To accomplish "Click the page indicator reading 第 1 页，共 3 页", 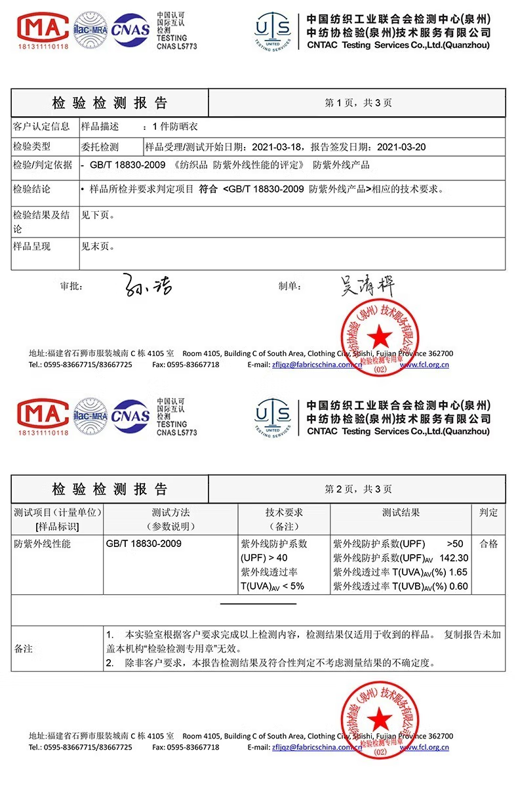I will coord(358,103).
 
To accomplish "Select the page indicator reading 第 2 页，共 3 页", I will coord(358,489).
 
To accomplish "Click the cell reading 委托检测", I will coord(100,147).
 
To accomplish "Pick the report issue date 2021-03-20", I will coord(402,147).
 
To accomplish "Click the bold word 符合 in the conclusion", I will coord(209,190).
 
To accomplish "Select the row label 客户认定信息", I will coord(41,127).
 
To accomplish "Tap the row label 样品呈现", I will coord(32,247).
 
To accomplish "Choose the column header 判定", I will coord(488,512).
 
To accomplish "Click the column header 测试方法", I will coord(170,512).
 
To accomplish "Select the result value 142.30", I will coord(454,558).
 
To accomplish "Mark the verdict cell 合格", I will coord(488,544).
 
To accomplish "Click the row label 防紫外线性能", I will coord(42,544).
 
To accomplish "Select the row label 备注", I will coord(24,649).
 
